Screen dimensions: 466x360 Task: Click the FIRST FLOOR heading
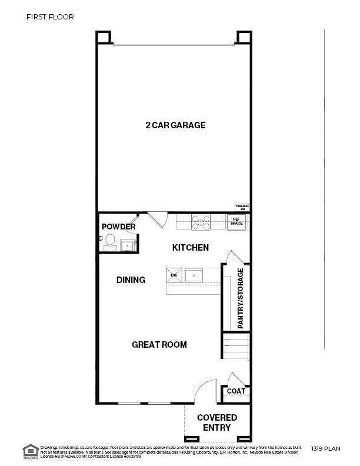pos(50,17)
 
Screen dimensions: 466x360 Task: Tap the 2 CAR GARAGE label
pos(175,125)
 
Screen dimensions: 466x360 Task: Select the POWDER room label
pos(119,227)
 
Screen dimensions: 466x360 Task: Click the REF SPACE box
pos(236,222)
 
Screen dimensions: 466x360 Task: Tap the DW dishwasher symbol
pos(175,275)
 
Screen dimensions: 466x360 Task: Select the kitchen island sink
pos(194,275)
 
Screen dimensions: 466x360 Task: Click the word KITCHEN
pos(190,248)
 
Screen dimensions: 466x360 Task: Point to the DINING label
pos(131,280)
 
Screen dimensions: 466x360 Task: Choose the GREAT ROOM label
pos(159,344)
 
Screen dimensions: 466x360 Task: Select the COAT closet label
pos(236,391)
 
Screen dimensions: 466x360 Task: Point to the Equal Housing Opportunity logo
pos(29,451)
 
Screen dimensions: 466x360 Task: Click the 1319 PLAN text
pos(326,449)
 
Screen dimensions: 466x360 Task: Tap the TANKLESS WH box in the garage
pos(242,207)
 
